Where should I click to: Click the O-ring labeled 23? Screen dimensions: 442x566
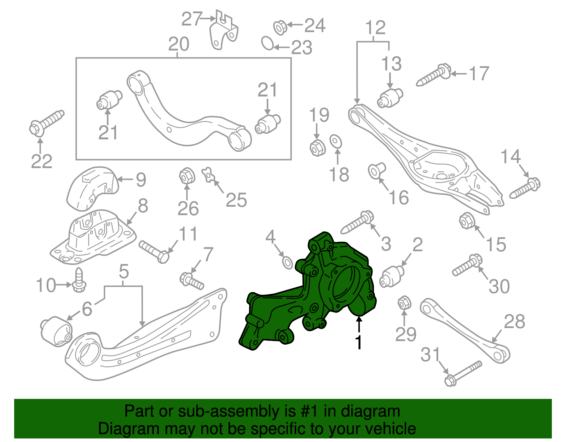coord(267,43)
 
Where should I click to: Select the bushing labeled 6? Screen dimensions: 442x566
coord(57,331)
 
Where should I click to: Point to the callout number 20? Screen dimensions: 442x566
coord(179,45)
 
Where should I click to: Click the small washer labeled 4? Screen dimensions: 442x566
coord(287,263)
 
